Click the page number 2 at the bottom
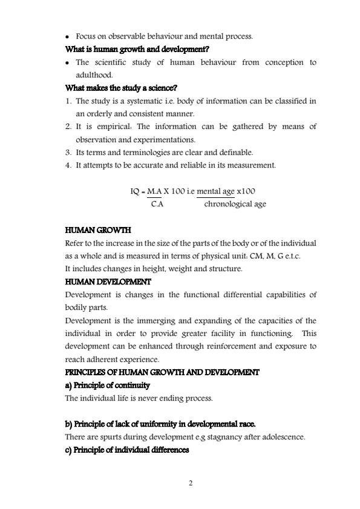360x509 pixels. point(189,483)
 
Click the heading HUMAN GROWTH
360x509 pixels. point(97,231)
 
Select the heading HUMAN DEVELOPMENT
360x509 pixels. point(108,282)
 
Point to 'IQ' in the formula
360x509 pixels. point(135,192)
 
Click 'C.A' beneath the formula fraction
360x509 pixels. point(156,205)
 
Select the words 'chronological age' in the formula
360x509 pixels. point(235,205)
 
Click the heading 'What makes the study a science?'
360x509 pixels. point(121,88)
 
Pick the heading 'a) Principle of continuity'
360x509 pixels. point(107,386)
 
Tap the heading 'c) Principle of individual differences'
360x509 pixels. point(126,450)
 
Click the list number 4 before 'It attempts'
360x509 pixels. point(68,165)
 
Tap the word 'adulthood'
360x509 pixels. point(94,75)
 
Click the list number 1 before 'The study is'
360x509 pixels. point(68,100)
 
